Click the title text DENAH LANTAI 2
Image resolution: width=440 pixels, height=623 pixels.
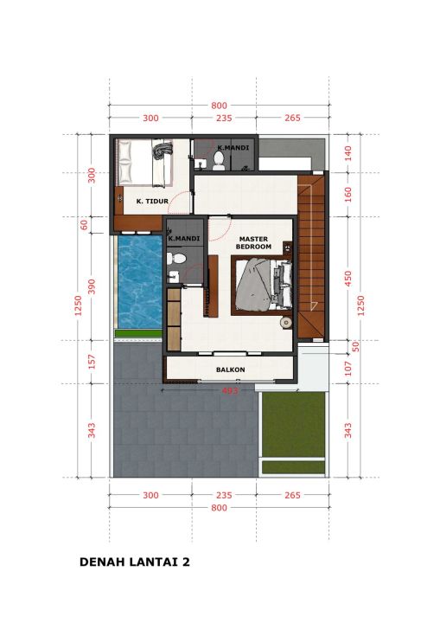(x=135, y=562)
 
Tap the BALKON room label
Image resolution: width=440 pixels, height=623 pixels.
(x=230, y=370)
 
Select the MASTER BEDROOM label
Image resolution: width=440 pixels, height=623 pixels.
(x=253, y=243)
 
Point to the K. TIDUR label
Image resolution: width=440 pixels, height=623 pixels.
(x=152, y=202)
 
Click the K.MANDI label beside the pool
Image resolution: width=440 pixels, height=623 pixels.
(x=184, y=239)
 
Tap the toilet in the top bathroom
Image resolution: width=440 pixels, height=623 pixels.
(x=219, y=161)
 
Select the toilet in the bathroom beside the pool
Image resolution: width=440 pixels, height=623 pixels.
(x=176, y=259)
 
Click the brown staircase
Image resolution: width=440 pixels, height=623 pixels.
(x=311, y=257)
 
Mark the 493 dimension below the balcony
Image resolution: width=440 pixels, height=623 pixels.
(x=230, y=391)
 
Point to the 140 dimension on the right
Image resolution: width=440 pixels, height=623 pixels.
(x=348, y=153)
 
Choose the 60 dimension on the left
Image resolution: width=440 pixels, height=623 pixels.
(x=84, y=225)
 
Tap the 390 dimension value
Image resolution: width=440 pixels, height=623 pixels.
(x=92, y=286)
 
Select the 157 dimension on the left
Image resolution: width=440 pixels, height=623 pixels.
(x=92, y=362)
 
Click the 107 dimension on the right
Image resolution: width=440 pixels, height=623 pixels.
(x=348, y=369)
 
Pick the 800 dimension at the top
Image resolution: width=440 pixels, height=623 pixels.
(x=220, y=106)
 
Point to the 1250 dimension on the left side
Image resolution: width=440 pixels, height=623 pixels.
(x=78, y=305)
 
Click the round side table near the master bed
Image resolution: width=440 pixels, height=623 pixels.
(x=285, y=323)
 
